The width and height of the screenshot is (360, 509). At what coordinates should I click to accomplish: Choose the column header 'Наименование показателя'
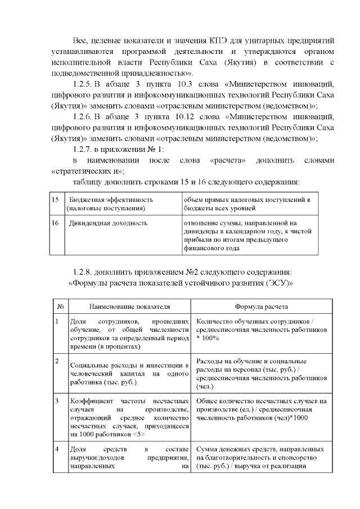coord(129,307)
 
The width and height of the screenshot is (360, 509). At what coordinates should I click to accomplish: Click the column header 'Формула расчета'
coord(262,307)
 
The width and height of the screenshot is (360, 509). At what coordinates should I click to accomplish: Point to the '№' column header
coord(60,307)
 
